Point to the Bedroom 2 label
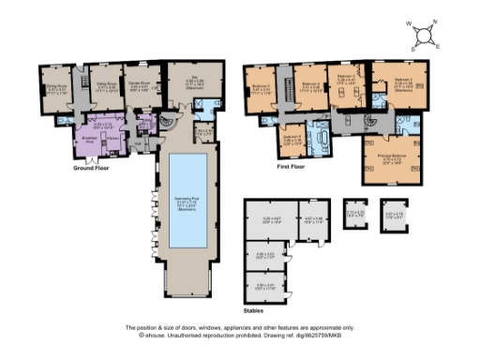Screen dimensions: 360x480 [x=403, y=83]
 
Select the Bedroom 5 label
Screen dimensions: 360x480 [x=263, y=89]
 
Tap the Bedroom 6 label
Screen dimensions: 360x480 [x=293, y=139]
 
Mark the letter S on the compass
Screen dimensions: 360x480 [x=415, y=45]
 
